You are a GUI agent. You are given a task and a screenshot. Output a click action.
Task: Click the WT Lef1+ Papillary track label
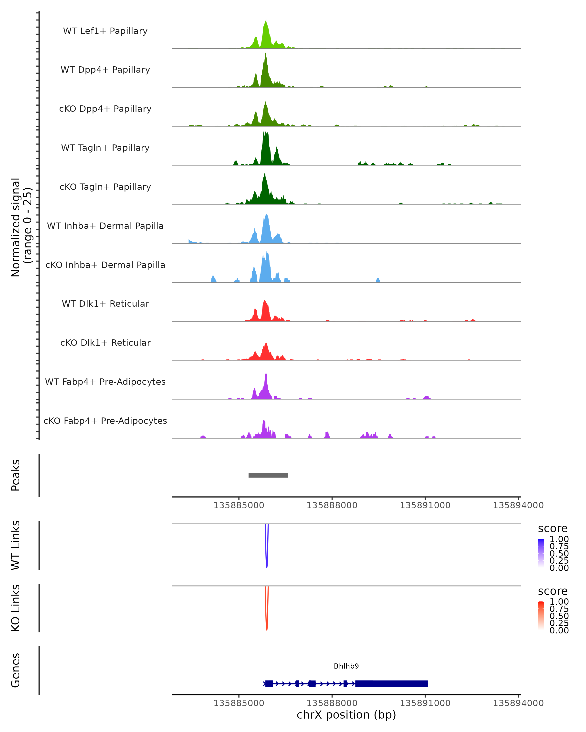click(105, 31)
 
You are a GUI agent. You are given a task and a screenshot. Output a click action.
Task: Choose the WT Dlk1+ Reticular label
click(105, 304)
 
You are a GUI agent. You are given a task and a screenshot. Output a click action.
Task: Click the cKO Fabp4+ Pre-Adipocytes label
click(105, 421)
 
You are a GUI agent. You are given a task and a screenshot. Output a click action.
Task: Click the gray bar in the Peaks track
click(268, 475)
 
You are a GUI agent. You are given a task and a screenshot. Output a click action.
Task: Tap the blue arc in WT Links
click(267, 564)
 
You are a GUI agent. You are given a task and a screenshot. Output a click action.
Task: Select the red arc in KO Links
click(267, 626)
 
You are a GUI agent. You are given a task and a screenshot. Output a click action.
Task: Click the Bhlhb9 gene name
click(346, 666)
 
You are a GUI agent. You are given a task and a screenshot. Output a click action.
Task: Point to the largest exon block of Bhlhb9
click(391, 683)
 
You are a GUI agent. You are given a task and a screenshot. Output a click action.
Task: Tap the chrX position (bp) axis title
click(346, 715)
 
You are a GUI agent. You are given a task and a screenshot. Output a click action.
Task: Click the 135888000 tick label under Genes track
click(332, 703)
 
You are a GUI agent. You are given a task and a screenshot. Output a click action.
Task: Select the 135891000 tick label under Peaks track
click(425, 505)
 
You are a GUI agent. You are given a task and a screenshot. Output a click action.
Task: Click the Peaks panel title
click(16, 475)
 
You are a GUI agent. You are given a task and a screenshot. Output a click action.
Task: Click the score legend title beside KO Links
click(553, 591)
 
